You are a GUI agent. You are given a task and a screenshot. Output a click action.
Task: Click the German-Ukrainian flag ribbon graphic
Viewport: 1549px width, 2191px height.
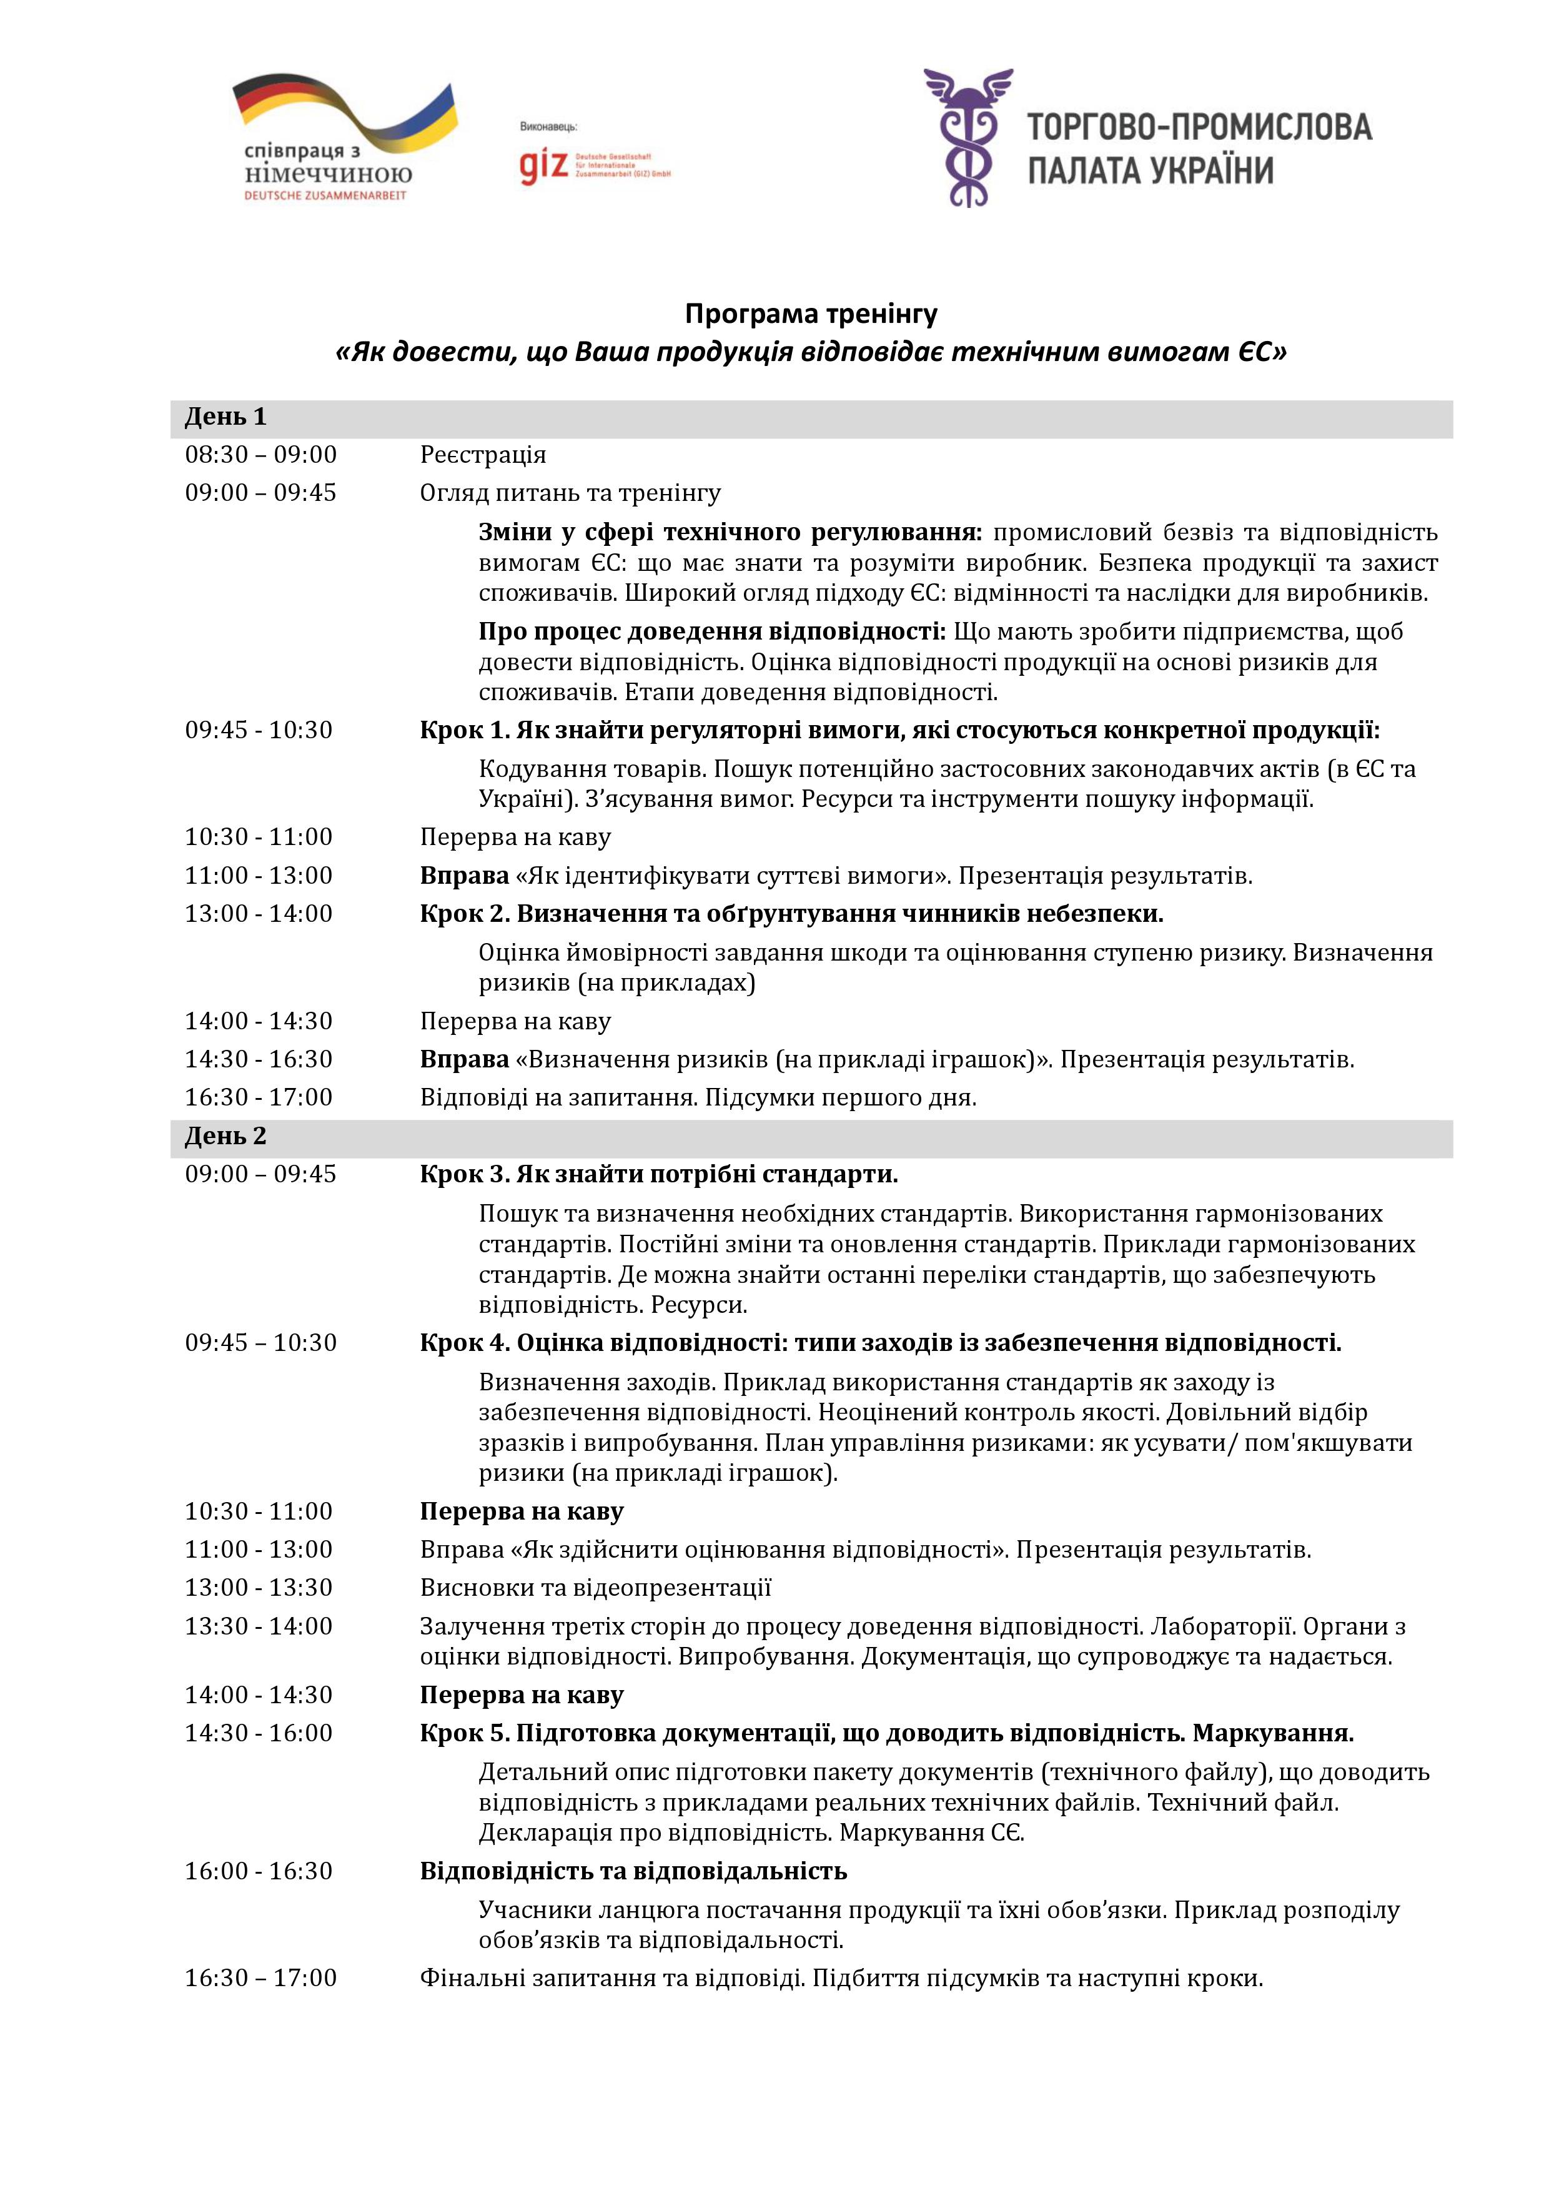tap(345, 112)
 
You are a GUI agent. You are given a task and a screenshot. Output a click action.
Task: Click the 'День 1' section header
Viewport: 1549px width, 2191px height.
tap(225, 417)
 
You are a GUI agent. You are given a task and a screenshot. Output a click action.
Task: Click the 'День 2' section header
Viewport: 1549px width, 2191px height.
tap(225, 1135)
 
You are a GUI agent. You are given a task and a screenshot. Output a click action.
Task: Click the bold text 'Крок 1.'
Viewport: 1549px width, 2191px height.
tap(465, 730)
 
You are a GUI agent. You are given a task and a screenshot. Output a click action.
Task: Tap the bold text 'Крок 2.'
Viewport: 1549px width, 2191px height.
tap(465, 913)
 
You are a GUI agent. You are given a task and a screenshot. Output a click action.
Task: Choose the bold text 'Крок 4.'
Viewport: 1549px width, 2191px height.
tap(465, 1343)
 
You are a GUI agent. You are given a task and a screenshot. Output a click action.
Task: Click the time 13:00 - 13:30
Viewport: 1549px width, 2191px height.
tap(259, 1587)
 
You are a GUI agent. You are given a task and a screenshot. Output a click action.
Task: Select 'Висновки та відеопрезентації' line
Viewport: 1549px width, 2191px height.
tap(595, 1587)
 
